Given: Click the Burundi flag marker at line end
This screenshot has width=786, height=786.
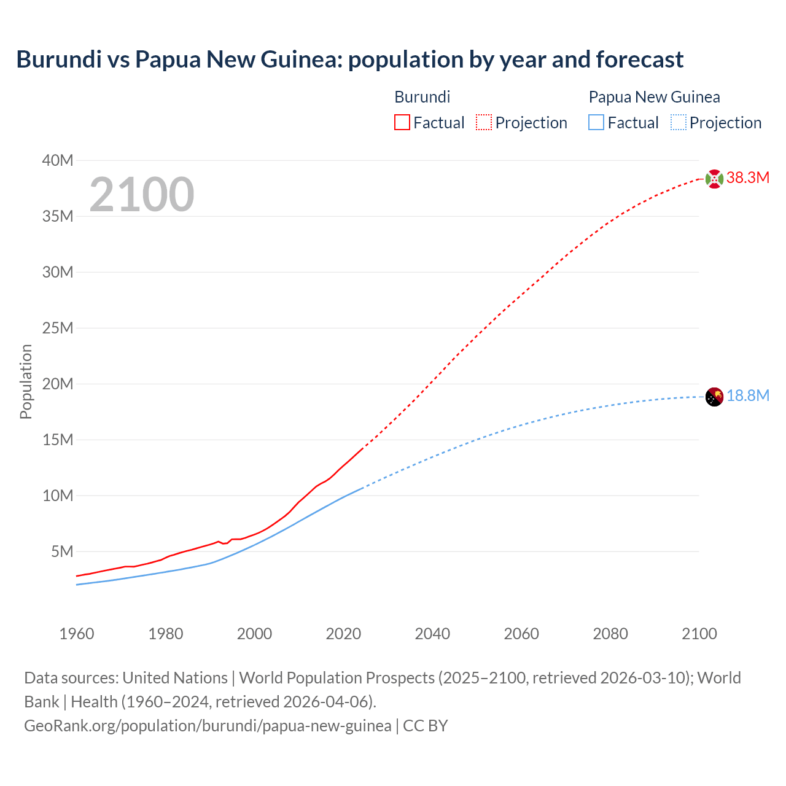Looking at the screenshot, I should pos(714,179).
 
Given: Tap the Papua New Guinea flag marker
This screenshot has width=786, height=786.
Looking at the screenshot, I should pos(714,397).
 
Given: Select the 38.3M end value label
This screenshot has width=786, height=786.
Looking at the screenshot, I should pos(747,178).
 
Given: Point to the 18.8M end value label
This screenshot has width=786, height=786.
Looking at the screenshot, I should pos(747,396).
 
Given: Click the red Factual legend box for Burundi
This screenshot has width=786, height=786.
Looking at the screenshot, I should pos(402,123).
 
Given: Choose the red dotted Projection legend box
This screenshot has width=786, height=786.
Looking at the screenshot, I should pos(483,123).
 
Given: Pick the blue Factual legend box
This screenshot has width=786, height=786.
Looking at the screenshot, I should pos(596,123).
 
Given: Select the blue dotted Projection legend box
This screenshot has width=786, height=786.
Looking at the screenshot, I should pos(678,123).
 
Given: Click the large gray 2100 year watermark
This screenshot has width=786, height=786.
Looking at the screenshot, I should pos(142,195).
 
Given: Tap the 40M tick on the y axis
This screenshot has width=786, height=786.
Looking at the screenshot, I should pos(58,161).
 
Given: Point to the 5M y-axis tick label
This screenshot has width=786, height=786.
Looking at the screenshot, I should pos(62,551).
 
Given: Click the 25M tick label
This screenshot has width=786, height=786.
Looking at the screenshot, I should pos(58,328).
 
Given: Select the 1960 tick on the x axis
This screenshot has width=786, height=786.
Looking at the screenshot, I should pos(77,634).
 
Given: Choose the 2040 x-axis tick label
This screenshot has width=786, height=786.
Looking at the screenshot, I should pos(432,634).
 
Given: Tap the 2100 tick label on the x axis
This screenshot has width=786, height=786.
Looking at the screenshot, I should pos(699,634).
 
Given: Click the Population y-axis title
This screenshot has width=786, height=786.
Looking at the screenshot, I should pos(26,381).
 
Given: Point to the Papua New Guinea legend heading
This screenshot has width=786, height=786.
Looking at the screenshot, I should pos(654,97).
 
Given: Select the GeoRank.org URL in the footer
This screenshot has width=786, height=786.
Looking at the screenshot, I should pos(208,726).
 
